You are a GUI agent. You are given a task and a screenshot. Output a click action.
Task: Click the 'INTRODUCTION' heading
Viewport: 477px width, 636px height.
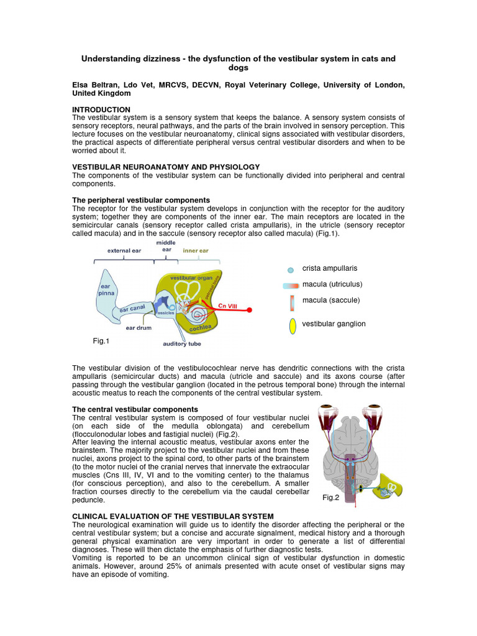[x=101, y=109]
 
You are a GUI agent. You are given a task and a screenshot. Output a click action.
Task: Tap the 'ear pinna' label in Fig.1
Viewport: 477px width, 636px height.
[x=105, y=290]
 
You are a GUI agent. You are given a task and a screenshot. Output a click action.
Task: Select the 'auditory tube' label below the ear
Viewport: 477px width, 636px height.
[x=181, y=343]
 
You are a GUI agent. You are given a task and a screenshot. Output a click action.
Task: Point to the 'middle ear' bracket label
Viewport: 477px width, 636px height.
[x=165, y=246]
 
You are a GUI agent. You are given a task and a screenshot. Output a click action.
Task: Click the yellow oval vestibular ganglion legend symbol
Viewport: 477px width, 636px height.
[x=292, y=325]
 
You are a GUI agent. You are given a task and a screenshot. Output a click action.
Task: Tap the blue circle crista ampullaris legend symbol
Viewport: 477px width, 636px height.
[x=291, y=270]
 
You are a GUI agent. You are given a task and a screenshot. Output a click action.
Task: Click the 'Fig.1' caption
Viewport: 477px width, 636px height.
[x=101, y=341]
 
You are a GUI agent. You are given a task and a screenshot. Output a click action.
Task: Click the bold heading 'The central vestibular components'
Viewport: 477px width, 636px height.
[x=135, y=409]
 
